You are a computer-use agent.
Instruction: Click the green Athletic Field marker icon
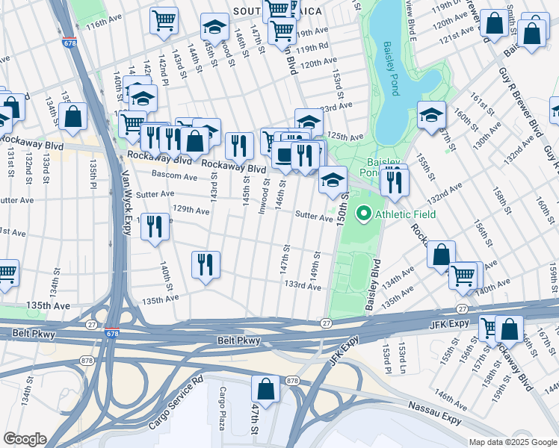[364, 215]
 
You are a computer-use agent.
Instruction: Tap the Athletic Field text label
[404, 215]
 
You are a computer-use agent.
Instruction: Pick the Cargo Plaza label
[222, 406]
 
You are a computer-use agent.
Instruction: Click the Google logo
[25, 439]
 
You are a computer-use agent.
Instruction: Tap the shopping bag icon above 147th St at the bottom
[265, 388]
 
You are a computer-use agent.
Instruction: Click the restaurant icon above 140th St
[155, 227]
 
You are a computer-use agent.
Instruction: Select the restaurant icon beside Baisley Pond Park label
[395, 181]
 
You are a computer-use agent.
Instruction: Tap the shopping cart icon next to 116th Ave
[164, 21]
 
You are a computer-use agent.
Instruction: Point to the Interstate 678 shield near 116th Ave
[69, 44]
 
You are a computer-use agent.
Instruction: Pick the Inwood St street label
[265, 196]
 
